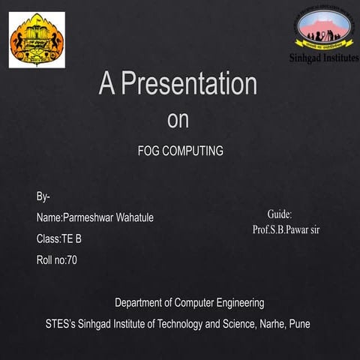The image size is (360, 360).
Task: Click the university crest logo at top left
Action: pos(36,40)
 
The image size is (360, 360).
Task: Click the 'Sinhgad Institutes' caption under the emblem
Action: pos(324,58)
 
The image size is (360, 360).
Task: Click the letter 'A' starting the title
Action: pos(107,84)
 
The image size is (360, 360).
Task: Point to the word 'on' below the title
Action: pos(178,120)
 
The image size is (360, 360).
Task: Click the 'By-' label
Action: pos(43,196)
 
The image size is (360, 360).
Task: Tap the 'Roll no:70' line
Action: pos(56,260)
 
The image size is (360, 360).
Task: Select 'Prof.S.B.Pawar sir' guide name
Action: pos(286,229)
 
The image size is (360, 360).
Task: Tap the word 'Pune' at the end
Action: pos(298,324)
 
